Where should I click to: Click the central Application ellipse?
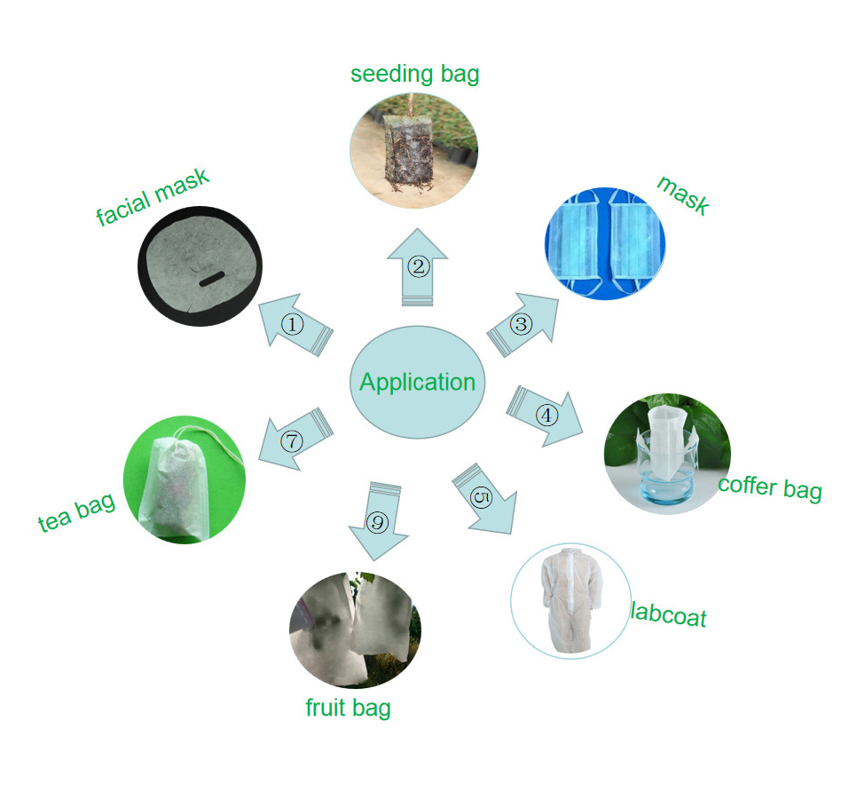418,383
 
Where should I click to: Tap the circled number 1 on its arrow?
293,325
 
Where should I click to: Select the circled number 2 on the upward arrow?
418,265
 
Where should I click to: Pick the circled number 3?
522,325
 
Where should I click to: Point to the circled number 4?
547,414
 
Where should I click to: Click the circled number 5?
481,497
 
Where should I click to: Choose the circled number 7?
292,440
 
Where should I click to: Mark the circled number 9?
378,522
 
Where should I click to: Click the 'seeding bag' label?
414,73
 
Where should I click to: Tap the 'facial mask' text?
153,197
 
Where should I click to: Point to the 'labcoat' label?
668,614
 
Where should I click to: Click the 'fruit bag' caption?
348,708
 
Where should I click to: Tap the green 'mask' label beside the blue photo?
682,194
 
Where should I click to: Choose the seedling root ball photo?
412,147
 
